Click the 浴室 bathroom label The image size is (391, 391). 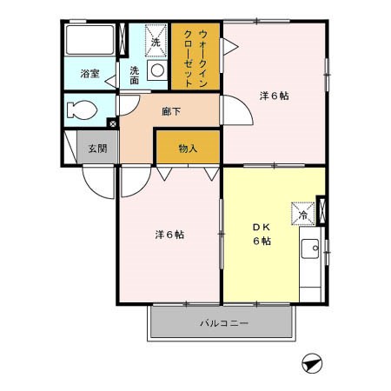[90, 74]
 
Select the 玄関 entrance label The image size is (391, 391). [96, 148]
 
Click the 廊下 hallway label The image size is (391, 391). [171, 111]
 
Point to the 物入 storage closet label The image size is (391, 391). [189, 148]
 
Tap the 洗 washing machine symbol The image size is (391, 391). [156, 41]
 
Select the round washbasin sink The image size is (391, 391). [157, 70]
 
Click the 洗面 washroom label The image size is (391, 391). [136, 75]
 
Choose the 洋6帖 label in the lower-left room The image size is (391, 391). [169, 234]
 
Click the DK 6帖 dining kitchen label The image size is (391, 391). [262, 234]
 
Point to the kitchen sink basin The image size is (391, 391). [310, 252]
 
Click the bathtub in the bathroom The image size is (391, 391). [90, 40]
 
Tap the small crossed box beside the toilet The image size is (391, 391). [112, 123]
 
